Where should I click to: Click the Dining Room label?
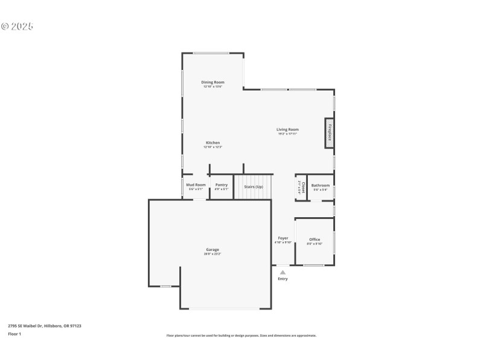click(213, 82)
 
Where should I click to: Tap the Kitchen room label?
click(213, 142)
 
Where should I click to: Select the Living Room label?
click(287, 129)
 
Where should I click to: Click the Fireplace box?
click(330, 133)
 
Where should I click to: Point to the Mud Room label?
click(196, 185)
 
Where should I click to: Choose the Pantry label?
click(222, 185)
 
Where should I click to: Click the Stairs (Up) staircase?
click(253, 187)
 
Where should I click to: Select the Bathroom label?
click(321, 185)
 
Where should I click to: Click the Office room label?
click(315, 240)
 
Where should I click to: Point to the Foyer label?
click(283, 238)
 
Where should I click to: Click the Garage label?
click(213, 249)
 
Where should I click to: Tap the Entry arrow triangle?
click(283, 272)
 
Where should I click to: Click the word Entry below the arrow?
click(283, 279)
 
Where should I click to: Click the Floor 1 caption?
click(14, 334)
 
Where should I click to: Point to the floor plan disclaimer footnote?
click(241, 335)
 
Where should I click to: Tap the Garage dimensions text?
click(213, 254)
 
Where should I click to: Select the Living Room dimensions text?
click(287, 133)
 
